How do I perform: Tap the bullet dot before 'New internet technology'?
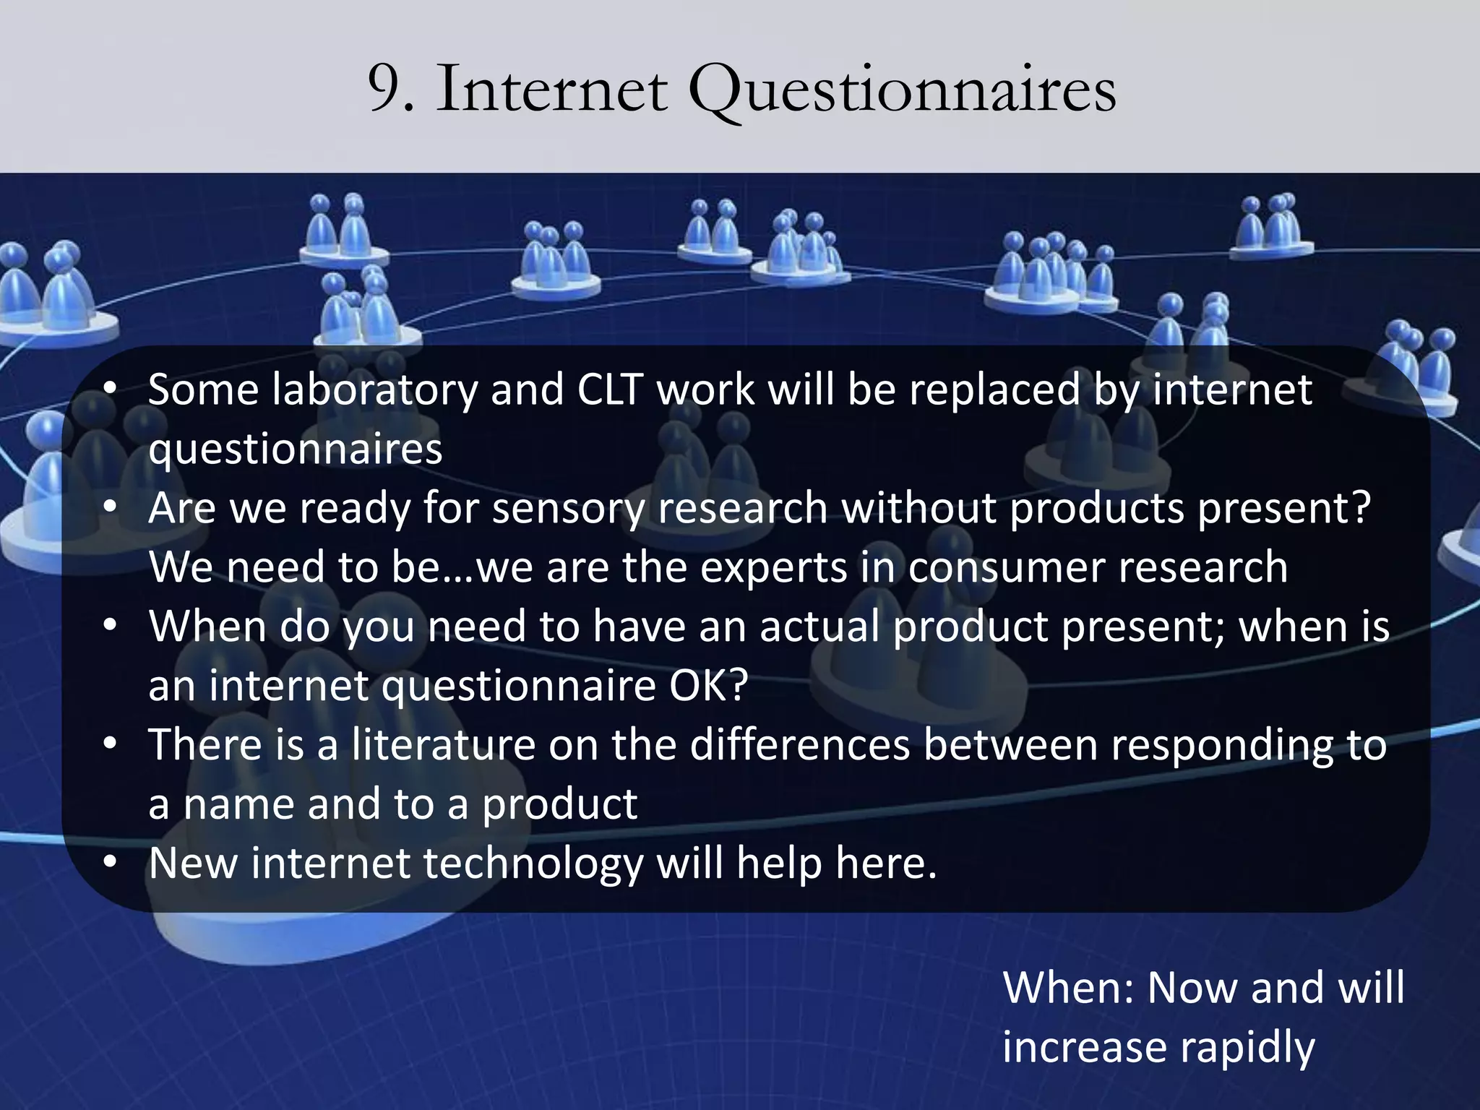pos(109,863)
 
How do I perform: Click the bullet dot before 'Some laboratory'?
pos(109,390)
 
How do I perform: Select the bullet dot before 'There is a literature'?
pos(109,744)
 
